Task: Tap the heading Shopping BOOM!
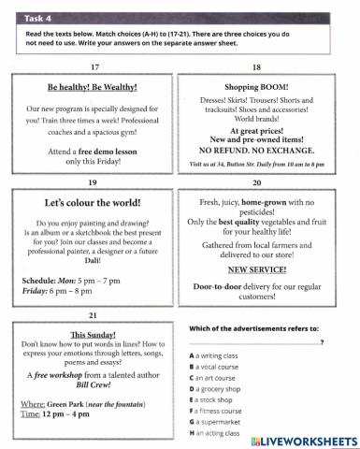click(255, 87)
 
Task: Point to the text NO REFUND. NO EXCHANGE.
click(255, 149)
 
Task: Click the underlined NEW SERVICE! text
click(255, 268)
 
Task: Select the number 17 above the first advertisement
click(94, 67)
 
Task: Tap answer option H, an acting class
click(223, 433)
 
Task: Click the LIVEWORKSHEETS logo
click(299, 440)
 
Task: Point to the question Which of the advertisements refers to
click(253, 328)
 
